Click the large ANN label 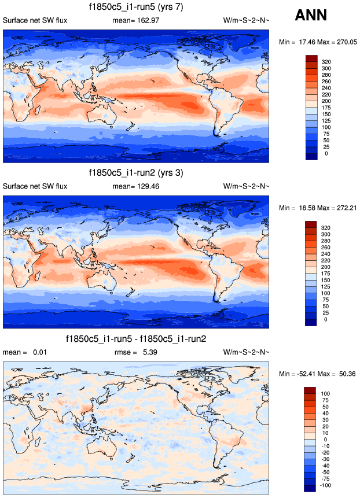[x=311, y=16]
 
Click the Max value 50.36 [x=344, y=374]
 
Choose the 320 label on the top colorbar [x=326, y=61]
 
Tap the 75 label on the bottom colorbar [x=325, y=400]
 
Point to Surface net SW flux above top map [x=35, y=21]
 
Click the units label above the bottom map [x=246, y=352]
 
